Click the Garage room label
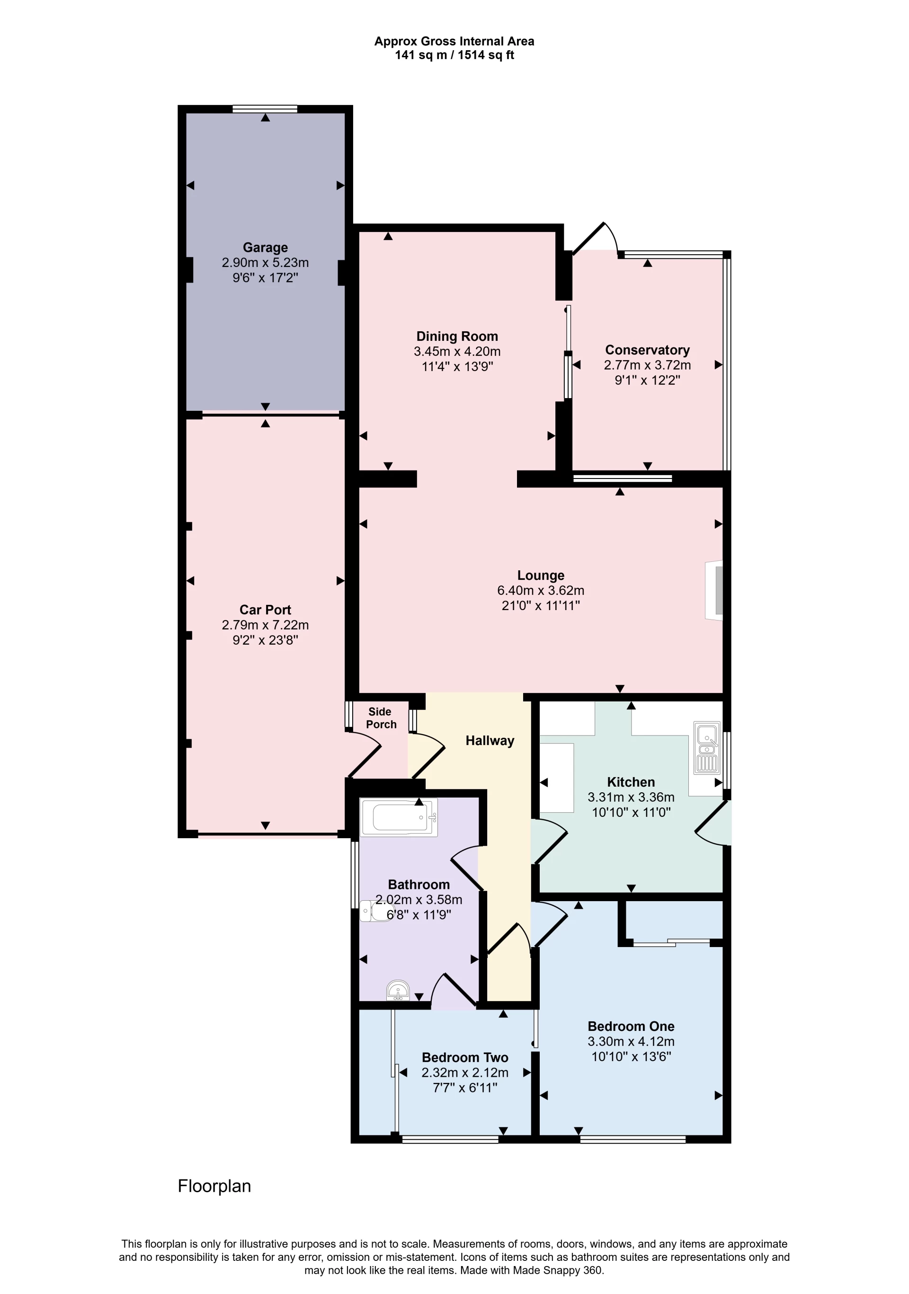(x=265, y=248)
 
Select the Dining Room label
(x=457, y=337)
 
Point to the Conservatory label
(x=647, y=350)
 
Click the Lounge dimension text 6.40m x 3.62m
(x=540, y=590)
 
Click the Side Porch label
(x=381, y=718)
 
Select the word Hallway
(x=490, y=741)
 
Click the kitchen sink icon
(x=706, y=747)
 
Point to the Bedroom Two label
(x=464, y=1057)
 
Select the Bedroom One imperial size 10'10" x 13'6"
(x=631, y=1056)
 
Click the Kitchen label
(x=631, y=782)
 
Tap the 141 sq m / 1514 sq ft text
(x=454, y=55)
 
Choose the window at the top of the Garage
(x=265, y=109)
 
